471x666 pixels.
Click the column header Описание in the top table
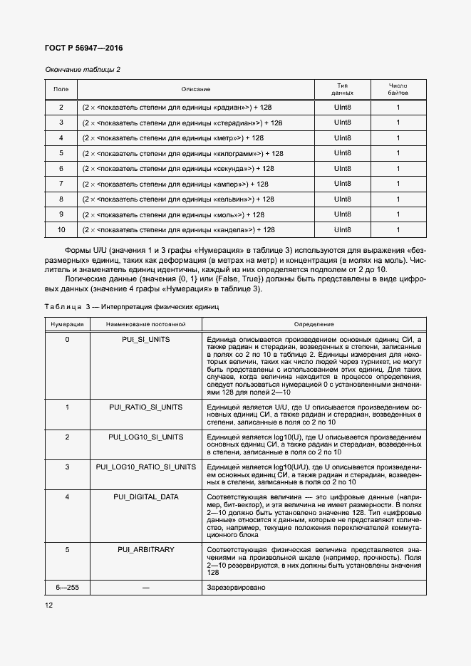point(195,89)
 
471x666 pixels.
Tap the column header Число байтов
point(398,89)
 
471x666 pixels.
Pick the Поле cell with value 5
point(61,153)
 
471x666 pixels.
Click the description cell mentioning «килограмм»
point(183,153)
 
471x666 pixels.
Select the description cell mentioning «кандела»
point(178,229)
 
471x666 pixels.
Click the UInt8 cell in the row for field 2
point(343,107)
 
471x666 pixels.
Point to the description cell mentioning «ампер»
point(176,184)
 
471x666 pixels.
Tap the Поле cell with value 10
point(61,229)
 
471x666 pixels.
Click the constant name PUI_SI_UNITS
point(145,340)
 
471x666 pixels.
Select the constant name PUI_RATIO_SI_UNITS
point(145,407)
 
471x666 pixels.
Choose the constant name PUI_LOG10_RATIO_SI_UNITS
point(145,467)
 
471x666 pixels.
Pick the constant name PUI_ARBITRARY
point(145,550)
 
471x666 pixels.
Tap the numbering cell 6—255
point(67,587)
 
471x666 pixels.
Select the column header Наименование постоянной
point(145,323)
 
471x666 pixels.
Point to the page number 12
point(49,605)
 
